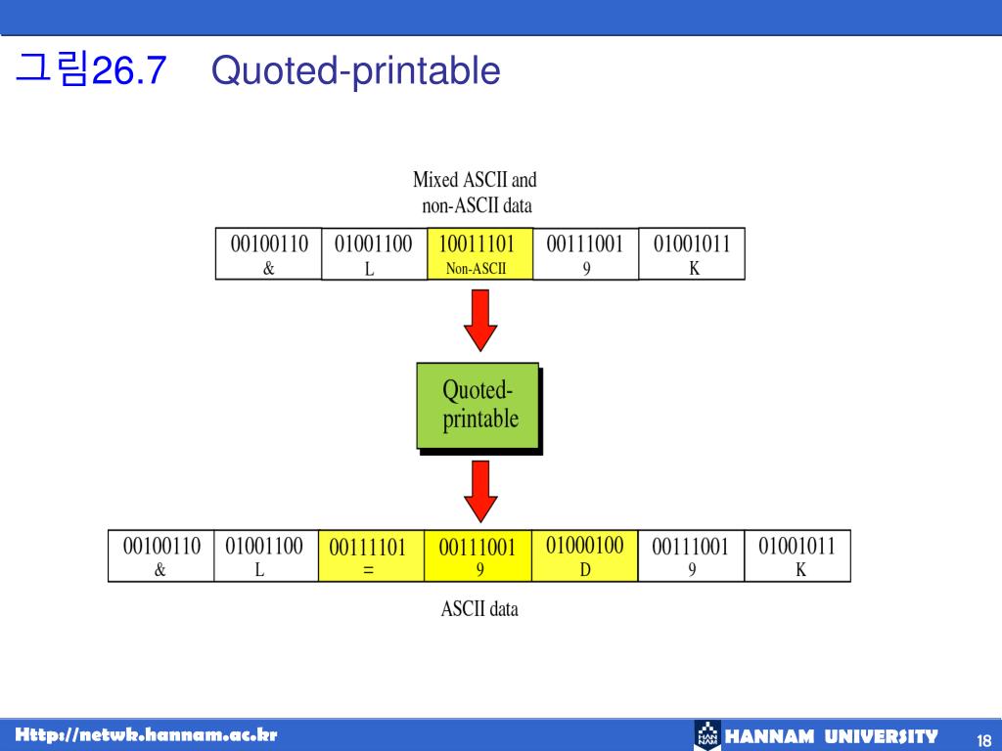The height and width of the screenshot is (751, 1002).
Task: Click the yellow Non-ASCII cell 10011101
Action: point(479,253)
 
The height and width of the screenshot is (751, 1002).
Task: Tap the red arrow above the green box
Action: point(480,320)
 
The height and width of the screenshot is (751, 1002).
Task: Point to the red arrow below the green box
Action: point(480,492)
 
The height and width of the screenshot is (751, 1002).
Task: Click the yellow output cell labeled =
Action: point(371,555)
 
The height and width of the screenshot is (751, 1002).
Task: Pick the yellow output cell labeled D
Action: point(585,555)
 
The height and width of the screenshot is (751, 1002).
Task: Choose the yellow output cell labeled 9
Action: point(478,555)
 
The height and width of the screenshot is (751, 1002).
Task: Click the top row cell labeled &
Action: point(268,253)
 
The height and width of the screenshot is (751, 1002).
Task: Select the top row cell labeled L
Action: point(375,253)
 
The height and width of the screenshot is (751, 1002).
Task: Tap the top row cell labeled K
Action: point(692,253)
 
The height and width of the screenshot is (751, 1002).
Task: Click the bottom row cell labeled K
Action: point(797,555)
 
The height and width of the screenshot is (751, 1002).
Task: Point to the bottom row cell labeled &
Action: point(161,555)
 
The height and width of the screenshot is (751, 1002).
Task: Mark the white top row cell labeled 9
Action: point(586,253)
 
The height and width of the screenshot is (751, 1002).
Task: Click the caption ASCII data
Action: point(479,608)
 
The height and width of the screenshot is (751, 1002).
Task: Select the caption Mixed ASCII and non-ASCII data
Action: point(476,193)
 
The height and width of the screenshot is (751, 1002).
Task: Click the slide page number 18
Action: point(984,741)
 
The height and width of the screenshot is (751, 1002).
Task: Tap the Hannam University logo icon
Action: point(707,735)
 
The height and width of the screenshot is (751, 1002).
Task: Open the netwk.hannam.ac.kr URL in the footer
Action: point(147,734)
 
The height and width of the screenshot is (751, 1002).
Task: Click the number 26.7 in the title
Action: point(129,69)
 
